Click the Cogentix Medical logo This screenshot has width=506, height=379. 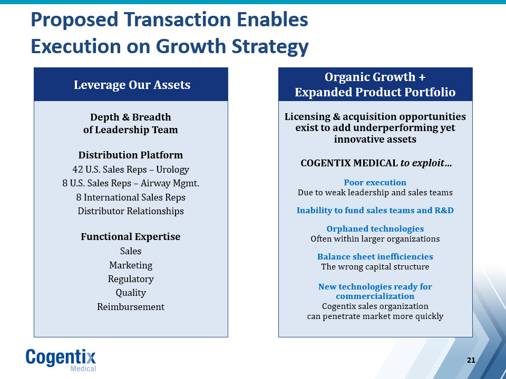61,360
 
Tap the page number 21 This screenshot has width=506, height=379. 471,360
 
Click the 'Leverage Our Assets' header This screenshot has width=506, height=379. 132,85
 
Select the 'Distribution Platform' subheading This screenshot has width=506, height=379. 131,155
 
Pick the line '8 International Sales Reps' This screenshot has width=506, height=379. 131,197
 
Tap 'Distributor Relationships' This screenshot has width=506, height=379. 131,211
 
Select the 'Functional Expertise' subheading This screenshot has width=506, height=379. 131,236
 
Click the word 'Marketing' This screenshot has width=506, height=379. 131,265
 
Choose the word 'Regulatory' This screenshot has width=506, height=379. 131,279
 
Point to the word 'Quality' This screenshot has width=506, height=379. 131,293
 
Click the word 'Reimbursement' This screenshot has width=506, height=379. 131,307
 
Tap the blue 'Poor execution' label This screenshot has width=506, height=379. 375,183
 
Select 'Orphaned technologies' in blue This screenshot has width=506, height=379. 375,229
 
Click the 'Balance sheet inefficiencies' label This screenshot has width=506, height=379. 375,256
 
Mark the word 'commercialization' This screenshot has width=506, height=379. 375,296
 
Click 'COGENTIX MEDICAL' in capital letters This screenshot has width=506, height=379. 349,163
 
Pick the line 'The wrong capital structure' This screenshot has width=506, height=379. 375,267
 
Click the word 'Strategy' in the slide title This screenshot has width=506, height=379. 270,47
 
